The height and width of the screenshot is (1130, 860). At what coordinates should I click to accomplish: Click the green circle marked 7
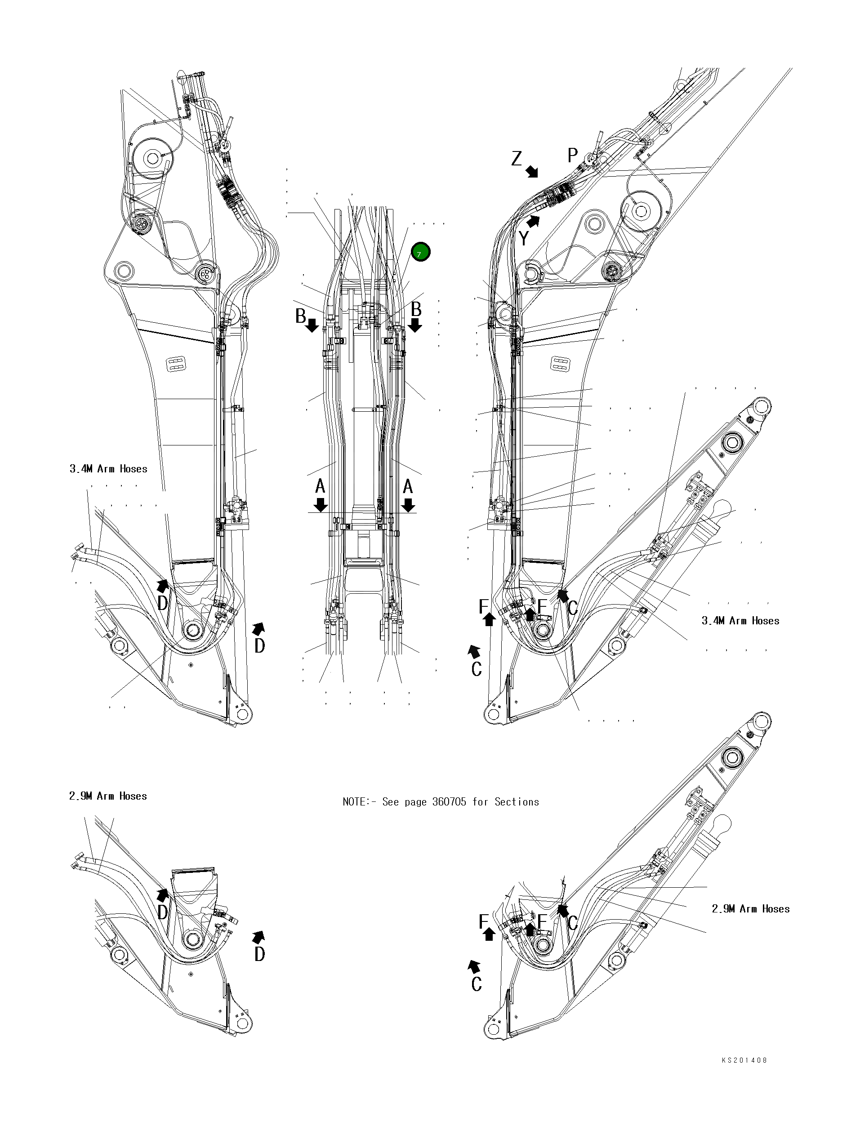pos(420,252)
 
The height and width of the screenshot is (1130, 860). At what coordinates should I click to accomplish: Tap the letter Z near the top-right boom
pos(517,159)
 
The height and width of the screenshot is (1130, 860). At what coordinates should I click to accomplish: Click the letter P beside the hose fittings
pos(572,155)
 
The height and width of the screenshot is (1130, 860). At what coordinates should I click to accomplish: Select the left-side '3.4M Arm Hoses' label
pos(108,469)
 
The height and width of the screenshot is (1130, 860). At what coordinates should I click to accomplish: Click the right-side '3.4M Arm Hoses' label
pos(740,621)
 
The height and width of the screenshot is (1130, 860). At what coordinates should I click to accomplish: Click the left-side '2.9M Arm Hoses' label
pos(108,796)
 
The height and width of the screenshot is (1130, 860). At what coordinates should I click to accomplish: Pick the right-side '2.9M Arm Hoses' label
pos(750,909)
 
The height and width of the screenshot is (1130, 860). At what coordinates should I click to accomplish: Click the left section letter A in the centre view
pos(320,486)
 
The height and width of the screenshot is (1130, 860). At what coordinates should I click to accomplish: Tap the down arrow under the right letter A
pos(408,505)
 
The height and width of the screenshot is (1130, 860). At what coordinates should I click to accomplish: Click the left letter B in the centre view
pos(300,316)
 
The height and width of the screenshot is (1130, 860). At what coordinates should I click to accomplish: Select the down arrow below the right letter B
pos(414,325)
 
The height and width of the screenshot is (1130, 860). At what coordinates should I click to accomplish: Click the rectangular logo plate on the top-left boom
pos(174,365)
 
